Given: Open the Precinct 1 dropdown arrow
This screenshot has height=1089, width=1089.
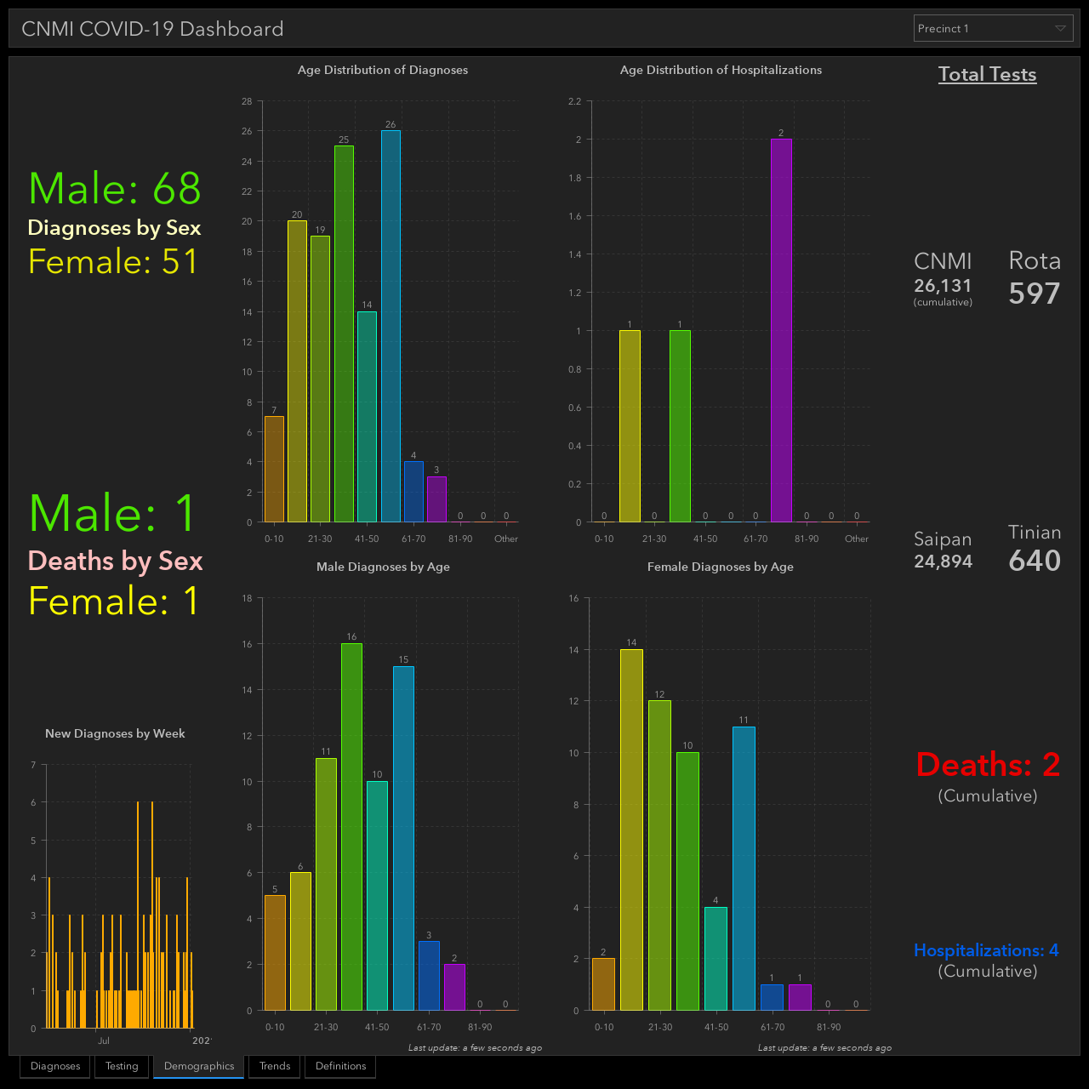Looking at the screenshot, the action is pos(1059,28).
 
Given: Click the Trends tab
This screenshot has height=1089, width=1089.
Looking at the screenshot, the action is pos(275,1066).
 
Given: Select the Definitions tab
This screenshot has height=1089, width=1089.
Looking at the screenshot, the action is pos(340,1066).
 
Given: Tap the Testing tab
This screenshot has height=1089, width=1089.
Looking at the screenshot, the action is pos(122,1066).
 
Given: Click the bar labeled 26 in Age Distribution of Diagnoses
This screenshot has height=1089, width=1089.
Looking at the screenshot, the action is pos(391,326).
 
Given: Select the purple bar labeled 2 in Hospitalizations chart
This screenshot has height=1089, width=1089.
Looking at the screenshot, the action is pos(781,330).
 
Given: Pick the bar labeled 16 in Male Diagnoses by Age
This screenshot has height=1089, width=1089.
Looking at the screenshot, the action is pos(351,827).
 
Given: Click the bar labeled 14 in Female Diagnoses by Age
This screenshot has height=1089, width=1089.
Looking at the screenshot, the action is pos(631,830).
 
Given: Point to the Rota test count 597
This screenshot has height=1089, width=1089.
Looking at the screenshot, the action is pos(1035,294).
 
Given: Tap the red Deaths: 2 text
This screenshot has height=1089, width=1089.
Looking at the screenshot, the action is pos(988,765).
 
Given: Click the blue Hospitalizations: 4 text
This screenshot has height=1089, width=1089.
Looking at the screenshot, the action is pos(986,950).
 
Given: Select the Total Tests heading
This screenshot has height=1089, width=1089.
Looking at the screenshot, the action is pos(987,74).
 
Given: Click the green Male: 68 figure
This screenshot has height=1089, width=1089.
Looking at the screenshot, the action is pos(115,188).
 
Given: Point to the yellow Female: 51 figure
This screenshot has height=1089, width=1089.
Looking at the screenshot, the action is pos(113,262).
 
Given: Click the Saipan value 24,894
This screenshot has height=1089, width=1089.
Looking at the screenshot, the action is pos(944,562).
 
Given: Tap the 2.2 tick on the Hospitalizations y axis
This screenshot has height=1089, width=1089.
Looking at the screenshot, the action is pos(575,101).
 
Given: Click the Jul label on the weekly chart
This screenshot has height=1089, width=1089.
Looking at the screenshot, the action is pos(104,1041).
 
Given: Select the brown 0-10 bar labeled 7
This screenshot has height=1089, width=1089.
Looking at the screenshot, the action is pos(274,469).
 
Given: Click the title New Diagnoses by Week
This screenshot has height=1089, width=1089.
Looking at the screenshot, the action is pos(115,733).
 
